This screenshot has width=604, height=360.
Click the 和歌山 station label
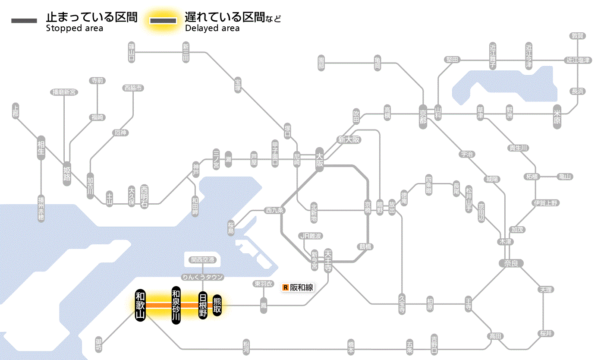click(x=140, y=305)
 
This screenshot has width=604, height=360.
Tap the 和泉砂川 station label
click(x=176, y=305)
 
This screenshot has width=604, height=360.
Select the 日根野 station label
click(x=203, y=305)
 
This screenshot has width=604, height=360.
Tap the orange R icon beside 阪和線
click(x=285, y=287)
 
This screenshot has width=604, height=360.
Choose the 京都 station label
click(x=423, y=114)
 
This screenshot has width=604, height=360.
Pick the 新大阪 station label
click(x=349, y=140)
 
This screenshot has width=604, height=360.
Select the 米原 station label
click(x=558, y=117)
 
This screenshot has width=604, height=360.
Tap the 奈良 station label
click(x=510, y=263)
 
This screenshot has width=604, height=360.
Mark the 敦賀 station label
click(x=578, y=36)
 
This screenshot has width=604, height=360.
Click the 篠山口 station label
click(x=132, y=52)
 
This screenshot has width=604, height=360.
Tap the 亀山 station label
click(x=565, y=177)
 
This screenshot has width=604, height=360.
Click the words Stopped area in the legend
click(x=74, y=28)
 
